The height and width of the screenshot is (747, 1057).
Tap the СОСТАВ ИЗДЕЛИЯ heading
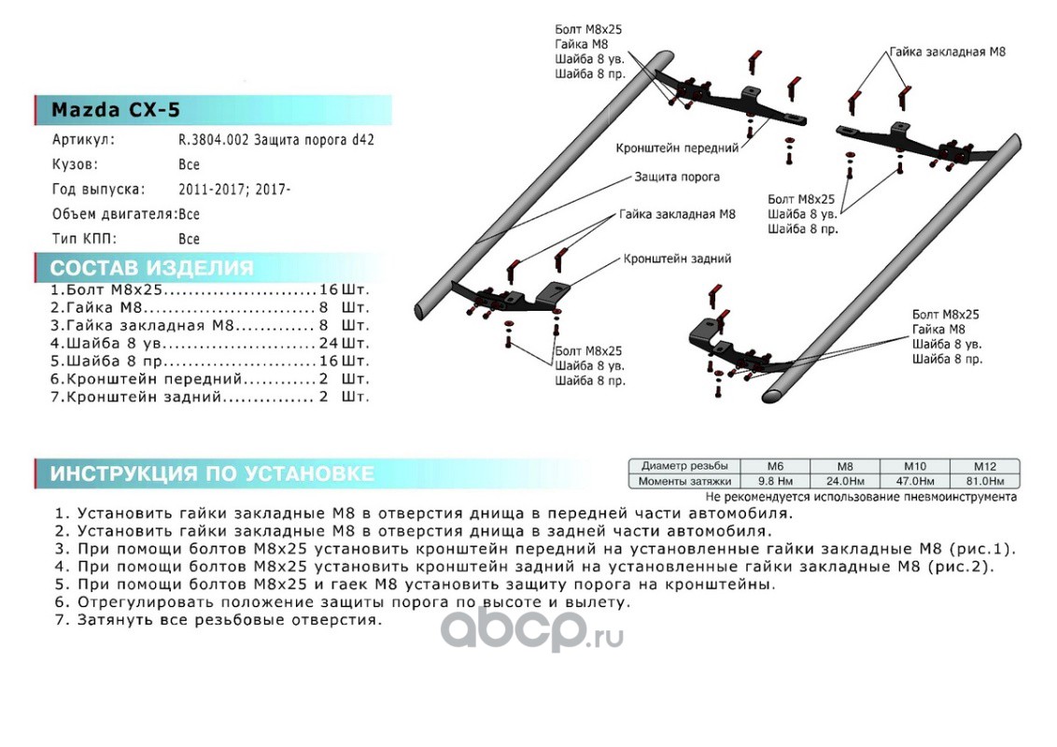[x=151, y=269]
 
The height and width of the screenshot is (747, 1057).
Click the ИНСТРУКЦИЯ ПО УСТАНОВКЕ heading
[x=212, y=474]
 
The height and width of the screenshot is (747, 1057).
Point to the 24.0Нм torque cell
[x=844, y=482]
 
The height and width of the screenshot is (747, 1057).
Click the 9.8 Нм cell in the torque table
[x=774, y=482]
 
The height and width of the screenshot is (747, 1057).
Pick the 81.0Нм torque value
[x=985, y=482]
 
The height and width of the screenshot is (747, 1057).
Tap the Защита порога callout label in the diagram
[x=677, y=176]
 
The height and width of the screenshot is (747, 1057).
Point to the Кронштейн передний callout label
[x=677, y=148]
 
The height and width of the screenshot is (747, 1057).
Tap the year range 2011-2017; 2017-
[x=234, y=190]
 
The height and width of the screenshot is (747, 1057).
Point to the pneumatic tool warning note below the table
[x=860, y=497]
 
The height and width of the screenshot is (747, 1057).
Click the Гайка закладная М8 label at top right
[x=947, y=53]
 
